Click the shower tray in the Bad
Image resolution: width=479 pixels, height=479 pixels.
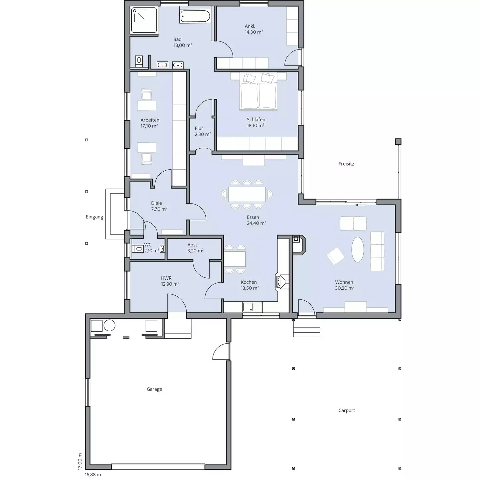coord(144,20)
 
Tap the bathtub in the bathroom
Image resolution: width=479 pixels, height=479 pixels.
coord(195,16)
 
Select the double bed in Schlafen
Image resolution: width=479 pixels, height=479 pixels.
coord(258,91)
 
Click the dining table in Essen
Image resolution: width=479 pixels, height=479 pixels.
coord(247,194)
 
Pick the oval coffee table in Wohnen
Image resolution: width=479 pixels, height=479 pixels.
coord(358,249)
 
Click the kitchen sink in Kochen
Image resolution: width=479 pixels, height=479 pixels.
coord(252,307)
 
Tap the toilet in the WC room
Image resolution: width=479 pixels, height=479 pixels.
coord(138,248)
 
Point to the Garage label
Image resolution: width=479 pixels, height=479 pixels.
coord(154,389)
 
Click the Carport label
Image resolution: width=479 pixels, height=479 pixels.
coord(347,410)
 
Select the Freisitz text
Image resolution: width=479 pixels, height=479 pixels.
coord(346,164)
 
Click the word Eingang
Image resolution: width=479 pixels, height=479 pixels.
coord(94,217)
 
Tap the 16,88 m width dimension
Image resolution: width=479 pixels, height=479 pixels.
coord(93,475)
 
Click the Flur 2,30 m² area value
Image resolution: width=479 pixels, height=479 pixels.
coord(203,134)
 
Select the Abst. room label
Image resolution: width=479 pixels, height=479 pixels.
coord(193,245)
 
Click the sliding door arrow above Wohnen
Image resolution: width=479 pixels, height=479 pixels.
coord(360,205)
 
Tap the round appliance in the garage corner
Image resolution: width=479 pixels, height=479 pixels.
coord(109,325)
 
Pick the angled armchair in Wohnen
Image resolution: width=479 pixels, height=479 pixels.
coord(336,256)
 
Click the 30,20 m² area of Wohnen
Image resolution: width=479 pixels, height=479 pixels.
coord(344,288)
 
